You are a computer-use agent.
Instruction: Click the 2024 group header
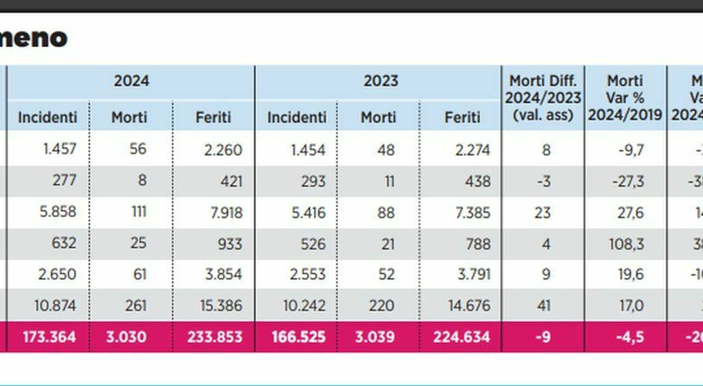coord(131,81)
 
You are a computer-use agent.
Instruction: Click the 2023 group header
coord(381,81)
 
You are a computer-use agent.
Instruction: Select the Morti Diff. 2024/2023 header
coord(543,98)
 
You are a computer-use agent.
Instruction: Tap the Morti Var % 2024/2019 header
coord(625,98)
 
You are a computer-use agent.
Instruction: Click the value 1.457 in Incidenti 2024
coord(60,149)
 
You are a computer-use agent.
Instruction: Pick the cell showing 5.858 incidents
coord(57,212)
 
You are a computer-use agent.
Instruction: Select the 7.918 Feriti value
coord(223,212)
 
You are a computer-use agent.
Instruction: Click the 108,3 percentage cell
coord(626,243)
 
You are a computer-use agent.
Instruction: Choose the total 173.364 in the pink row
coord(49,337)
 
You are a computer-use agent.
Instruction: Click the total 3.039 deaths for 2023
coord(375,337)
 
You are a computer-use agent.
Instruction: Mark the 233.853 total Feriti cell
coord(215,337)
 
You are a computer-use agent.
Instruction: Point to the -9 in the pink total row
coord(543,337)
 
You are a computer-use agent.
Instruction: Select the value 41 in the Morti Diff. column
coord(544,306)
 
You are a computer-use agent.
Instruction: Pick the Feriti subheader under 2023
coord(462,117)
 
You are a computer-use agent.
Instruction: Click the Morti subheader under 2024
coord(129,117)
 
